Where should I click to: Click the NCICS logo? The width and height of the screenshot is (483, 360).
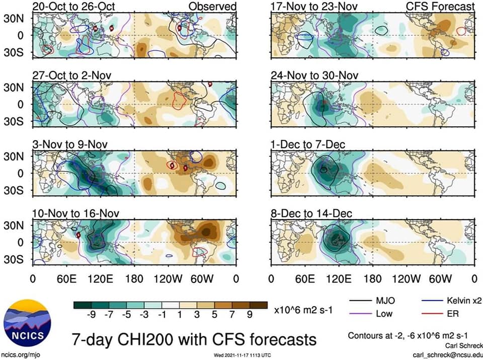pos(27,323)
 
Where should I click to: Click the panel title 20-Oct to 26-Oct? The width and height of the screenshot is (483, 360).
pos(73,7)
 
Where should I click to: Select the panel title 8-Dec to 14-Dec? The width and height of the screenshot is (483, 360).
pos(311,213)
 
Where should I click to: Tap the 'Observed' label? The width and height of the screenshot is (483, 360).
pos(212,7)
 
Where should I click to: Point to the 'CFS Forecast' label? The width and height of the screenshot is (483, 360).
pos(440,7)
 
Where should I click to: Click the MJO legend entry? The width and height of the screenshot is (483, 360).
pos(372,301)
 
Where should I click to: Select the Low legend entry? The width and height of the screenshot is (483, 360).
pos(371,314)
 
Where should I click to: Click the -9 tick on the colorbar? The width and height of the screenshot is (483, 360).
pos(91,314)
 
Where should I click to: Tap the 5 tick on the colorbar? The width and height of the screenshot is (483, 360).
pos(214,314)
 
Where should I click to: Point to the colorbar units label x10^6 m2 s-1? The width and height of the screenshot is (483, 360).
pos(303,310)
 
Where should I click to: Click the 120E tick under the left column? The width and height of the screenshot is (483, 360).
pos(100,279)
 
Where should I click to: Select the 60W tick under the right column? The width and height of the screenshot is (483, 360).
pos(440,279)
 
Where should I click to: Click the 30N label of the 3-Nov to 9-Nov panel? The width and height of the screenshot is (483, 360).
pos(14,156)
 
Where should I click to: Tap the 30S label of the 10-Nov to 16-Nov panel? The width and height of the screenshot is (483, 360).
pos(14,259)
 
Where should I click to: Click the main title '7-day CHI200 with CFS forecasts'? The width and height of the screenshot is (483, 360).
pos(194,339)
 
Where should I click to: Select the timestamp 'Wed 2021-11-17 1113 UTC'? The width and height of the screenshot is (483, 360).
pos(243,355)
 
